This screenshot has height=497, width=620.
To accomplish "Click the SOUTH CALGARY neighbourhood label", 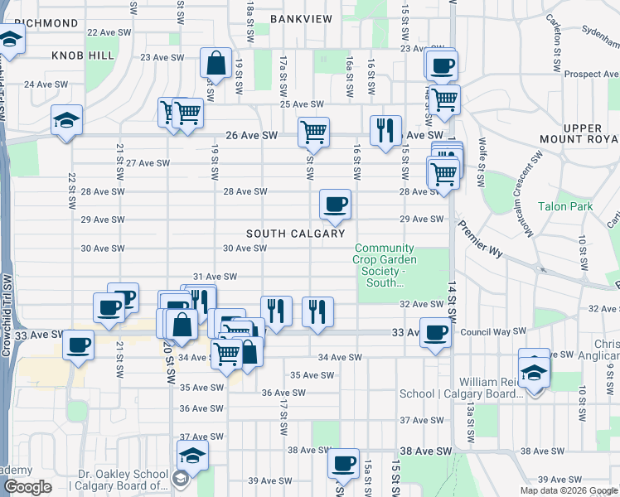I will [x=294, y=234].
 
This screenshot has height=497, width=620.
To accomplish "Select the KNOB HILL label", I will [x=82, y=55].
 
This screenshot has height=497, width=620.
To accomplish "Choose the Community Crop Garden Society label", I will [x=385, y=265].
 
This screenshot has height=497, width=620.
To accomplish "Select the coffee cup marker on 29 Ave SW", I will [x=335, y=205].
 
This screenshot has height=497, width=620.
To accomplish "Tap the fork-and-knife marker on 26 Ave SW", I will [x=385, y=131].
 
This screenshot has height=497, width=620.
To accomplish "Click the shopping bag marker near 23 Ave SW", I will [x=216, y=64].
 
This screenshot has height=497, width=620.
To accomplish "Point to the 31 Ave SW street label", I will [x=215, y=277].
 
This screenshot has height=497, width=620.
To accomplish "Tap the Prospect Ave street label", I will [x=592, y=74].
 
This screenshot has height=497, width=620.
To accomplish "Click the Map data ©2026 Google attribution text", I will [x=569, y=490].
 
